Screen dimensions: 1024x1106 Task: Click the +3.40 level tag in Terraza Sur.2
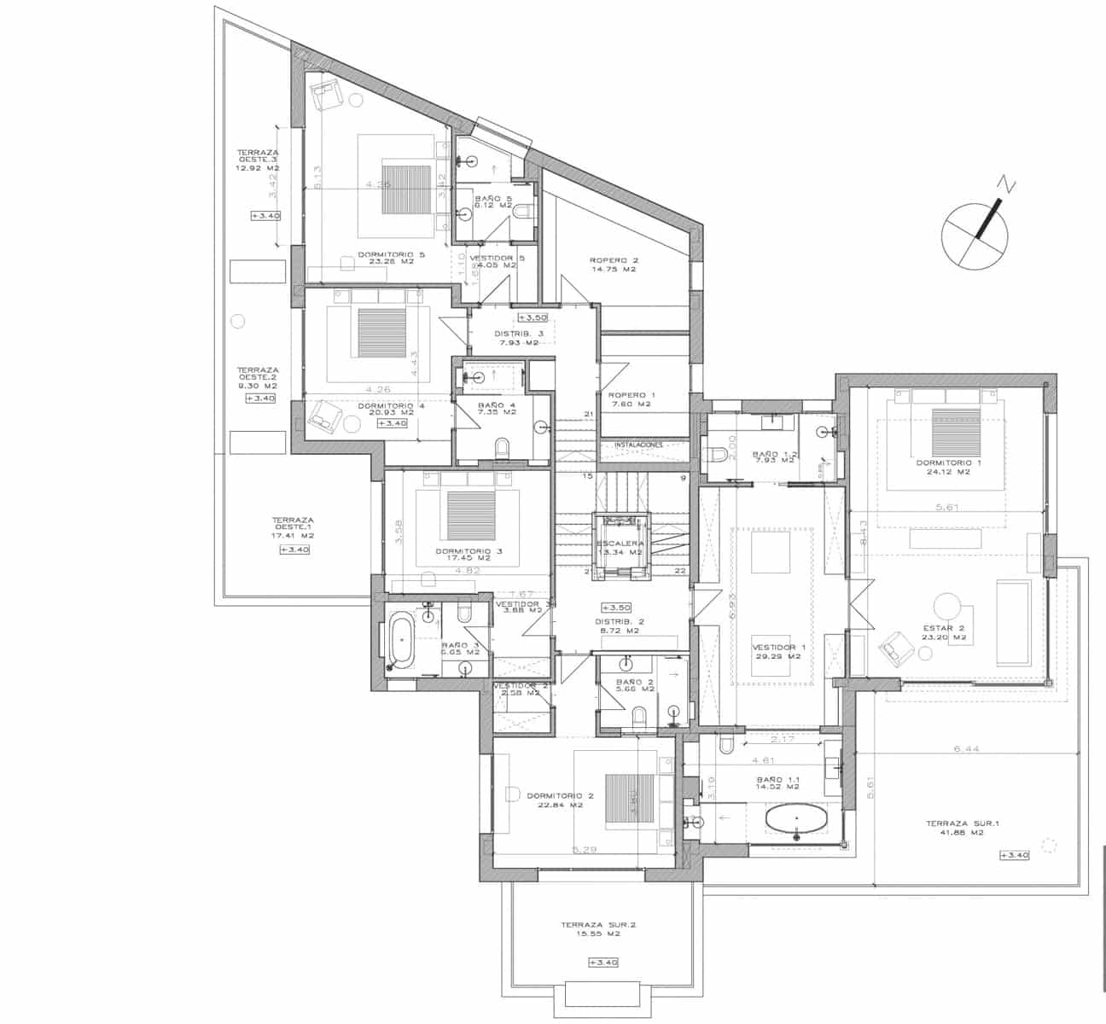pos(602,963)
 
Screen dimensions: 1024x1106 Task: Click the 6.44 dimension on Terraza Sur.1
pos(964,749)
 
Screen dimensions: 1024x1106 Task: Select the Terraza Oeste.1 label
pos(292,527)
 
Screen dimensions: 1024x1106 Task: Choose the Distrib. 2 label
pos(619,626)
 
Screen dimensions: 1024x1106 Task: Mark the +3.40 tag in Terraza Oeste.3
pos(265,216)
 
